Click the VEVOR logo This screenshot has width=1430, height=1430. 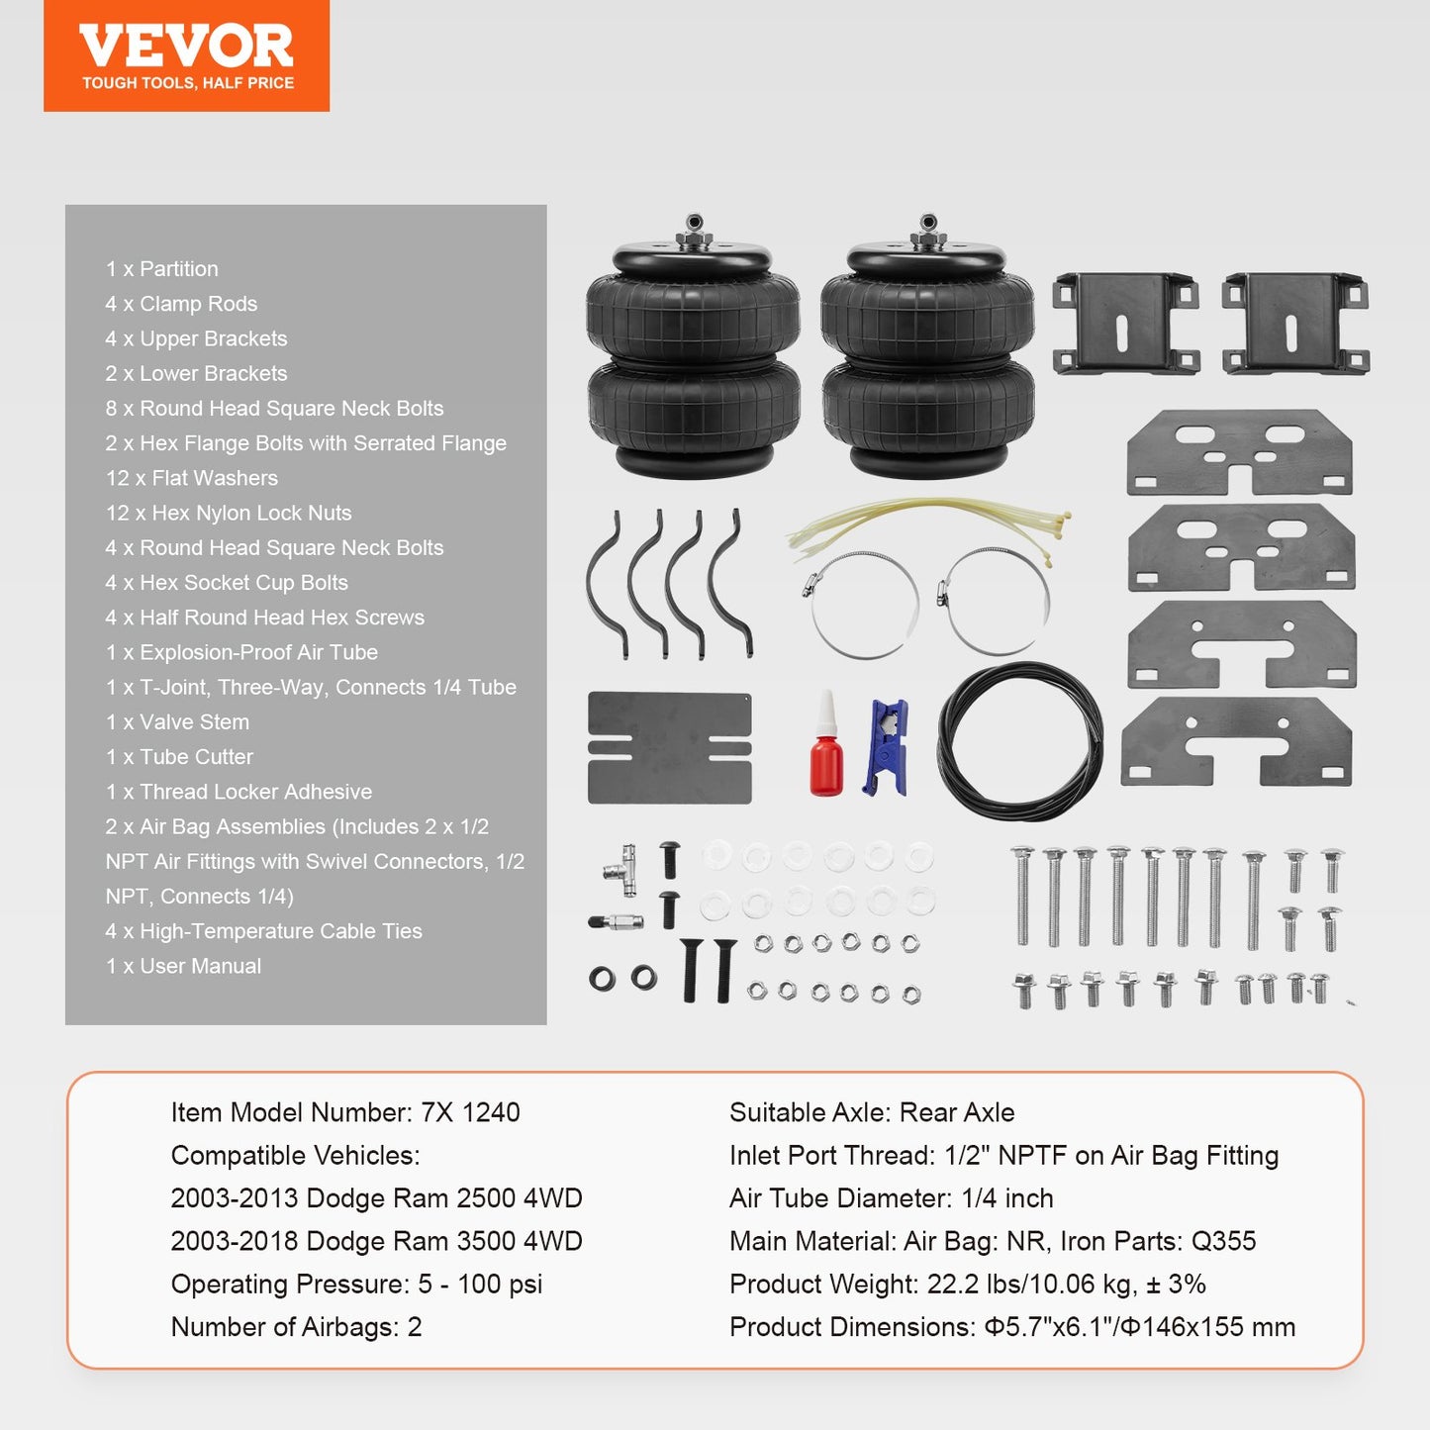click(x=186, y=46)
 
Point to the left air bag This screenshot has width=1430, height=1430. click(x=693, y=356)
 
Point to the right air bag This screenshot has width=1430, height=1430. click(x=927, y=356)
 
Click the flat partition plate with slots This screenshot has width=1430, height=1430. click(x=669, y=747)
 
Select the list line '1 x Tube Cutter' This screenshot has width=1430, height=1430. click(x=179, y=757)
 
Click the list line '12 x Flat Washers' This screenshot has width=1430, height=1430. click(x=192, y=478)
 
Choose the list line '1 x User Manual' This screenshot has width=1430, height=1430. click(x=183, y=966)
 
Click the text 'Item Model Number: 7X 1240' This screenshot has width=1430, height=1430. click(x=345, y=1112)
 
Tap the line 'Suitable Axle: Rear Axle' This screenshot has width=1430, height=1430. click(x=872, y=1112)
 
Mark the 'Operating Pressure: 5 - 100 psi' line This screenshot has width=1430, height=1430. click(x=356, y=1285)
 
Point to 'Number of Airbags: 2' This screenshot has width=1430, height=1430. click(x=296, y=1327)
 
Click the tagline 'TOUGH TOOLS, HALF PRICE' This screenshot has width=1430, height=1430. click(x=188, y=83)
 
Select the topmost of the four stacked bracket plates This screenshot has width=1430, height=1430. click(x=1239, y=452)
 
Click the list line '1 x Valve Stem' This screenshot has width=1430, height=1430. click(x=177, y=722)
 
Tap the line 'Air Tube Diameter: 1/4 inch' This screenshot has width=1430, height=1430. click(x=891, y=1198)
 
